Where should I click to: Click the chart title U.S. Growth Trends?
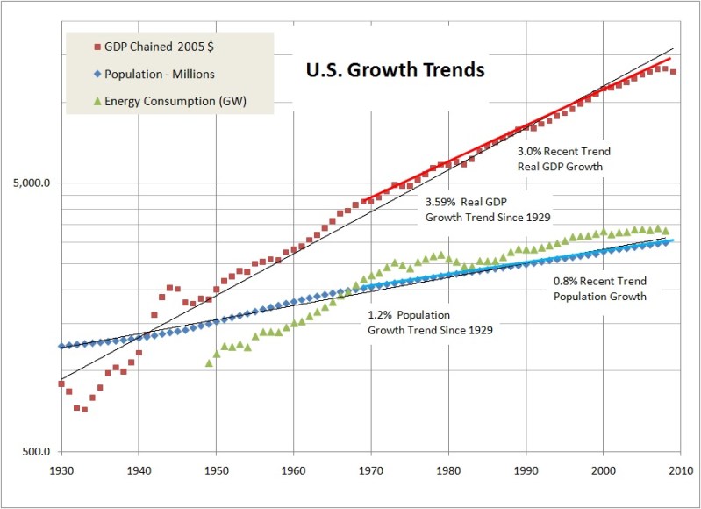394,70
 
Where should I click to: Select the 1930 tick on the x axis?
61,470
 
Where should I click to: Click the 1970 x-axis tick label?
371,470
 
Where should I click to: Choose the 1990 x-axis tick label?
526,470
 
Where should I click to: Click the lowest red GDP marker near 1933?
84,409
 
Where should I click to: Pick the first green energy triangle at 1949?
209,363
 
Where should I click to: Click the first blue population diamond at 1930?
61,347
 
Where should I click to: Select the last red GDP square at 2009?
673,72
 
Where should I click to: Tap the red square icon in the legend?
96,47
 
